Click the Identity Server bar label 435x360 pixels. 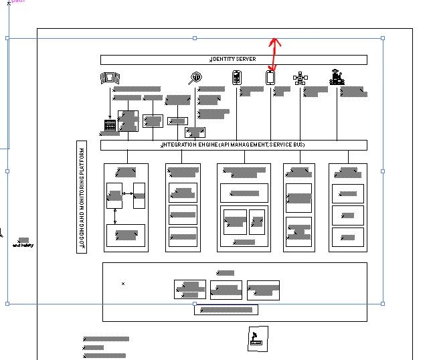pyautogui.click(x=234, y=60)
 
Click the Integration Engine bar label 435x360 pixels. pyautogui.click(x=234, y=145)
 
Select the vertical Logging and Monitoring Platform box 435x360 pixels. pyautogui.click(x=82, y=199)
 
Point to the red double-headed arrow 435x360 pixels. pyautogui.click(x=274, y=55)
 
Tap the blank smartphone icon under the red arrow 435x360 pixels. pyautogui.click(x=270, y=78)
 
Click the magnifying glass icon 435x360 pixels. pyautogui.click(x=195, y=78)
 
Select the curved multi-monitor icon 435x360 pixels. pyautogui.click(x=108, y=78)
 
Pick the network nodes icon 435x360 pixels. pyautogui.click(x=300, y=78)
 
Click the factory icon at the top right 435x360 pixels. pyautogui.click(x=337, y=78)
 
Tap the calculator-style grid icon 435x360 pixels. pyautogui.click(x=110, y=124)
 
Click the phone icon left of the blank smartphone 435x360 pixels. pyautogui.click(x=236, y=78)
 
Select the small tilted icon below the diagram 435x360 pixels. pyautogui.click(x=258, y=338)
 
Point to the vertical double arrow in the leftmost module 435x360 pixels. pyautogui.click(x=115, y=215)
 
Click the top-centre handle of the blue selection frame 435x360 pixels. pyautogui.click(x=195, y=38)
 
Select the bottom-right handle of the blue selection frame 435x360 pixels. pyautogui.click(x=383, y=303)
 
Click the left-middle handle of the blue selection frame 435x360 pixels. pyautogui.click(x=7, y=171)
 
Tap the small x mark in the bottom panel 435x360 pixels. pyautogui.click(x=123, y=284)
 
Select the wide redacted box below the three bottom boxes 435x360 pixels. pyautogui.click(x=226, y=310)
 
